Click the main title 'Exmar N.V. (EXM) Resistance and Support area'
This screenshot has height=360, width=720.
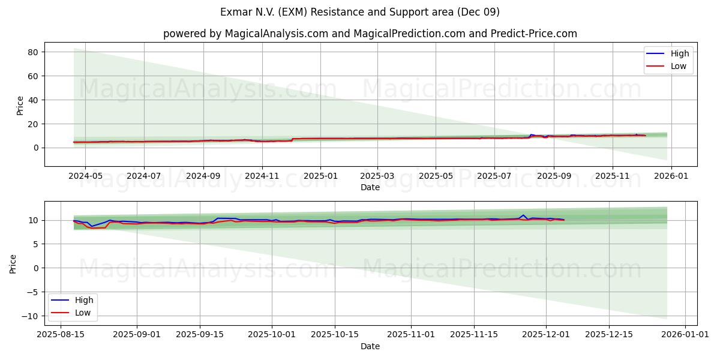(x=360, y=12)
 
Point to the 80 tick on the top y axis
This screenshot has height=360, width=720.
(x=33, y=52)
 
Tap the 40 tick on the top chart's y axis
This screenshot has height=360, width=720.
(x=33, y=100)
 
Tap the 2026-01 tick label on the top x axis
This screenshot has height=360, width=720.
(x=671, y=176)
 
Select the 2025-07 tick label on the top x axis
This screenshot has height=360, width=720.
(x=494, y=176)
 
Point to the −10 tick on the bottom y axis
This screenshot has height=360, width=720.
(x=31, y=316)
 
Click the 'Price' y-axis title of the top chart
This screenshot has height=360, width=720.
(x=20, y=105)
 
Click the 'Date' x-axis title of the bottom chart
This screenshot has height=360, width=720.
(x=370, y=346)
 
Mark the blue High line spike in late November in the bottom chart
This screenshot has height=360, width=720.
(x=523, y=215)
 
